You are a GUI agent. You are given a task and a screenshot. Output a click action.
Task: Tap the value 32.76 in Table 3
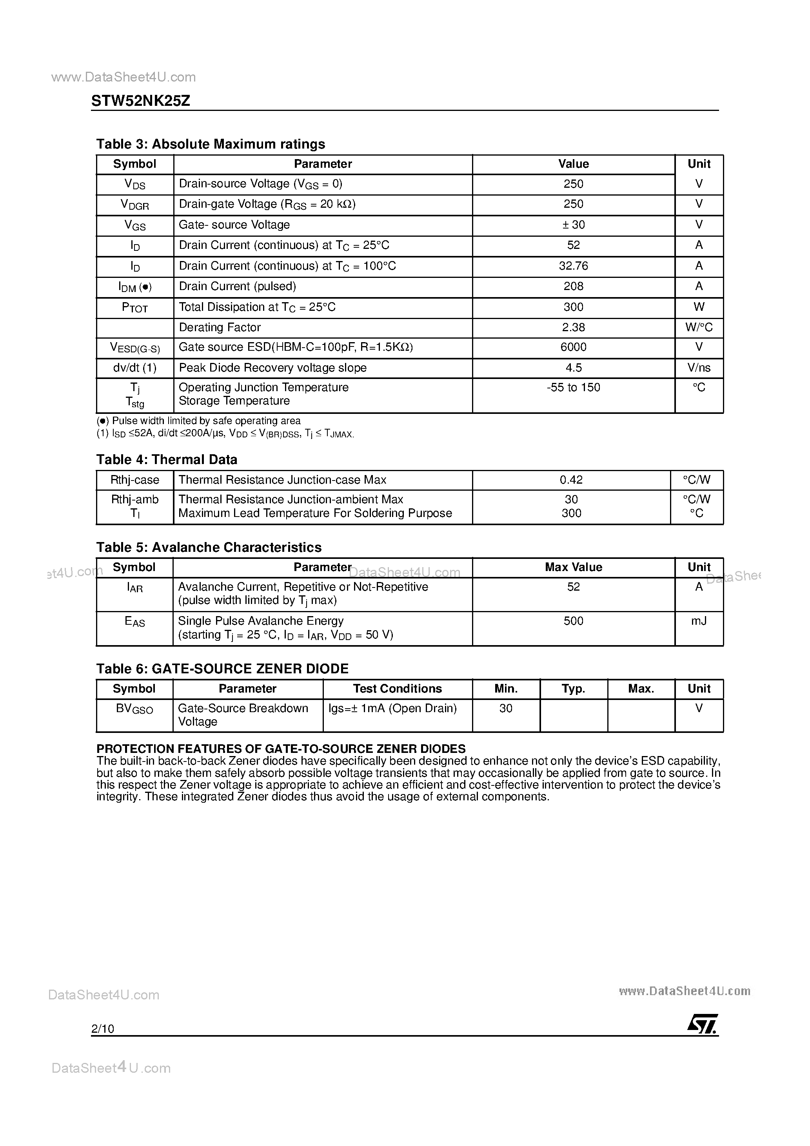573,266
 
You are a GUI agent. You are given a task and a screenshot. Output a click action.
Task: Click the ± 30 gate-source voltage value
573,225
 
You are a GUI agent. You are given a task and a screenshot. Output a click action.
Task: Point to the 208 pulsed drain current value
573,286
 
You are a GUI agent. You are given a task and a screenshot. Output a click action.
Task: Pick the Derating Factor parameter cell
220,327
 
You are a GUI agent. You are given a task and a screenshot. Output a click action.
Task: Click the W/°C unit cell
699,327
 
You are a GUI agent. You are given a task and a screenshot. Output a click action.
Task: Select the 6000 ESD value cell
573,347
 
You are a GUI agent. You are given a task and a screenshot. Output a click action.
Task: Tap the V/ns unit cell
699,368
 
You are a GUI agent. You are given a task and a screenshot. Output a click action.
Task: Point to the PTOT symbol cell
134,307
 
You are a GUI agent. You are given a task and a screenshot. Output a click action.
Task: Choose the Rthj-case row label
134,480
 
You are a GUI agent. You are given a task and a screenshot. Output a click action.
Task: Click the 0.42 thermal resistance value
571,480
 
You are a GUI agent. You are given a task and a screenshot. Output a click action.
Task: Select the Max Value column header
573,568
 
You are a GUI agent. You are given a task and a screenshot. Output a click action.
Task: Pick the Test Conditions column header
397,689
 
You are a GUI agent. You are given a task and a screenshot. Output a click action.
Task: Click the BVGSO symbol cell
134,709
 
